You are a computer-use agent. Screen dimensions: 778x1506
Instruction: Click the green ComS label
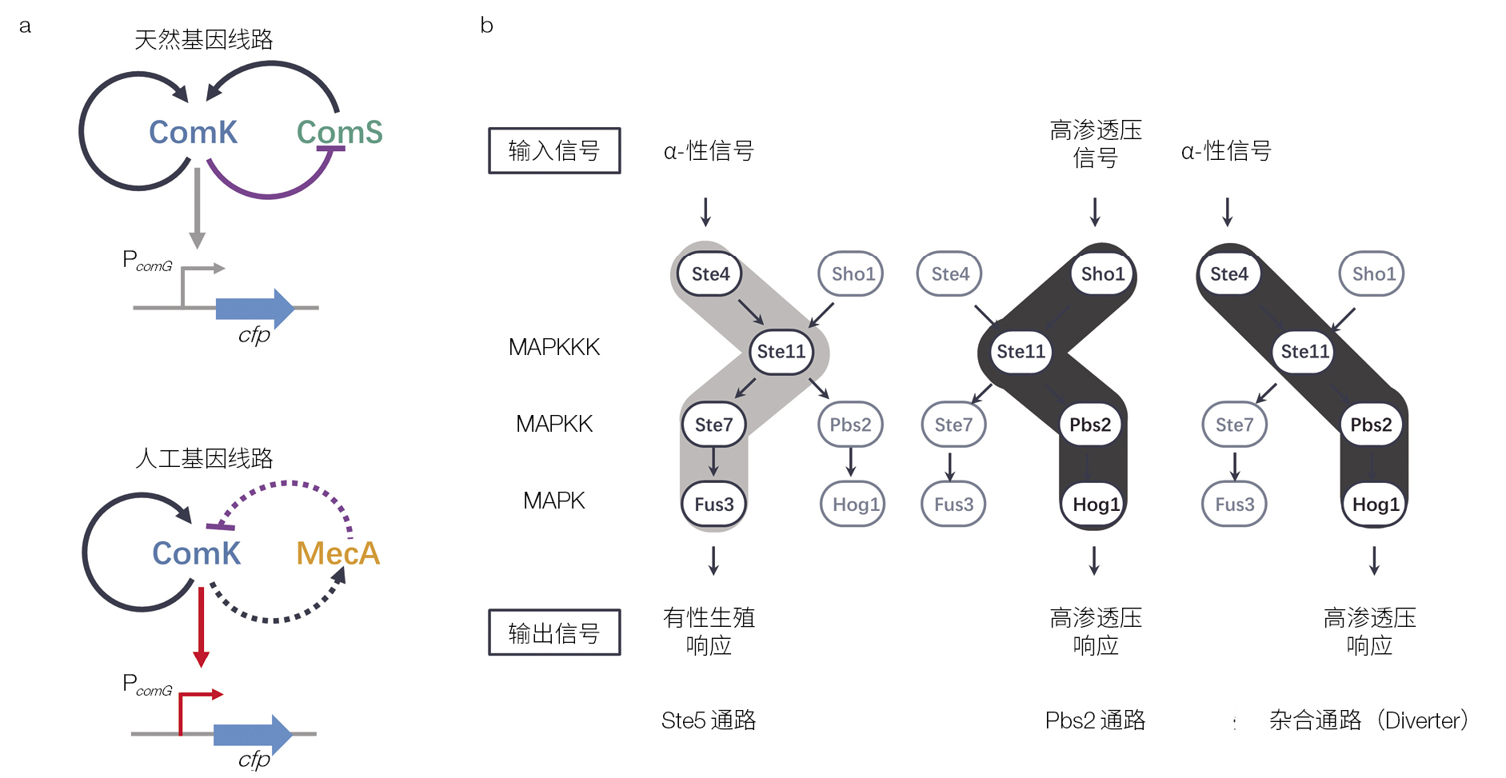tap(339, 132)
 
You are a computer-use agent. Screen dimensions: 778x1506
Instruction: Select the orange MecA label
tap(338, 553)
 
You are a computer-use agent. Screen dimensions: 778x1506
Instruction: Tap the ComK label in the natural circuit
tap(193, 132)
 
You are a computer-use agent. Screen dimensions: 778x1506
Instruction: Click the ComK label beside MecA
tap(196, 553)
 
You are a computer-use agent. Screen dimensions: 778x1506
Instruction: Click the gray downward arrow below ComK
tap(198, 207)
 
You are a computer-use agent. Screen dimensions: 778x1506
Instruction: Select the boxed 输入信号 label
tap(554, 150)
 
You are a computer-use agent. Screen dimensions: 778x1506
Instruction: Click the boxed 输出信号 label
tap(554, 632)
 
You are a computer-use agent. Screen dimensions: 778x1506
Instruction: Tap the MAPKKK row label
tap(553, 347)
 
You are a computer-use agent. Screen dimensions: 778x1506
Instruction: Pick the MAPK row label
tap(553, 501)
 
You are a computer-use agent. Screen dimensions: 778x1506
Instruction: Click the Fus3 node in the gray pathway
tap(713, 505)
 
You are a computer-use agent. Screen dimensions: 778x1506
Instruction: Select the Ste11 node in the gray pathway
tap(781, 352)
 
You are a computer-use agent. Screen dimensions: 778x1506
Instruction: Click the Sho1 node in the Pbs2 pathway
tap(1102, 274)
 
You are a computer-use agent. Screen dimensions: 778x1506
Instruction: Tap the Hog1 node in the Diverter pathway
tap(1375, 505)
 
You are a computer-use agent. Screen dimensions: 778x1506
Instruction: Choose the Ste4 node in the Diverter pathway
tap(1228, 274)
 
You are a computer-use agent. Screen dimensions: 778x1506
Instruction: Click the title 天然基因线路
tap(203, 39)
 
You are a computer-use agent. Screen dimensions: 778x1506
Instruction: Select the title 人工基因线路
tap(204, 458)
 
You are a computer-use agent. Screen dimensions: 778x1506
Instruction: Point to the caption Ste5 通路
tap(708, 720)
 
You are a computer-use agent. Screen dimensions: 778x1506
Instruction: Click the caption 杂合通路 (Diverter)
tap(1368, 720)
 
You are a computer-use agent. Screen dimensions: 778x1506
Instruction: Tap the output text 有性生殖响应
tap(709, 631)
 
